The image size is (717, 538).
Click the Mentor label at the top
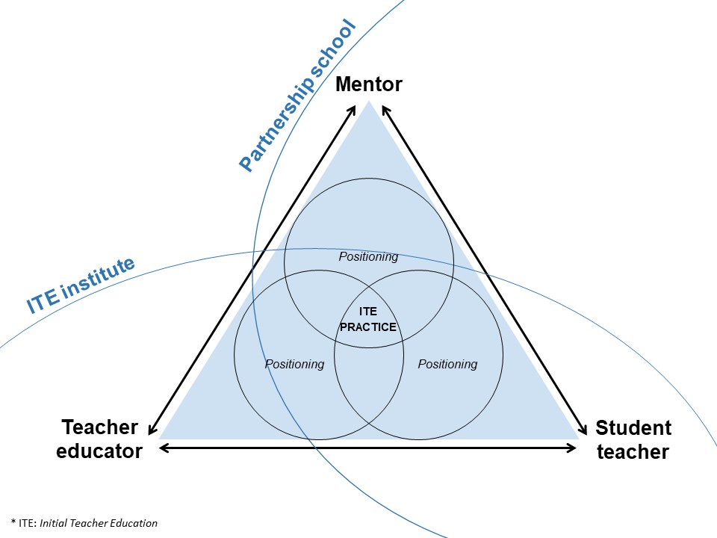(368, 84)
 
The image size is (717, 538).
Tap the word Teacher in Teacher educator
(99, 427)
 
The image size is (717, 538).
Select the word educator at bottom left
(99, 451)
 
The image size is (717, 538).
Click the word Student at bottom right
(633, 428)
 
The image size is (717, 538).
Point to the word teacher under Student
(633, 452)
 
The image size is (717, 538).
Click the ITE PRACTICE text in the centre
(368, 319)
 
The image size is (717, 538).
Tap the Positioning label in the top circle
(368, 256)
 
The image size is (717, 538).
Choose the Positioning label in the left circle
(294, 364)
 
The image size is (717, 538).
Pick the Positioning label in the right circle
(447, 364)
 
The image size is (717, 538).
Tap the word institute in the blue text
(98, 278)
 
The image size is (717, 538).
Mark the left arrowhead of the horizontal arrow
(164, 448)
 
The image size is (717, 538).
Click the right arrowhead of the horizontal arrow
(571, 448)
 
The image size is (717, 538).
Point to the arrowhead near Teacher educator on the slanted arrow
(152, 429)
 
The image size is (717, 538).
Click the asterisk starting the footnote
(13, 522)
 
